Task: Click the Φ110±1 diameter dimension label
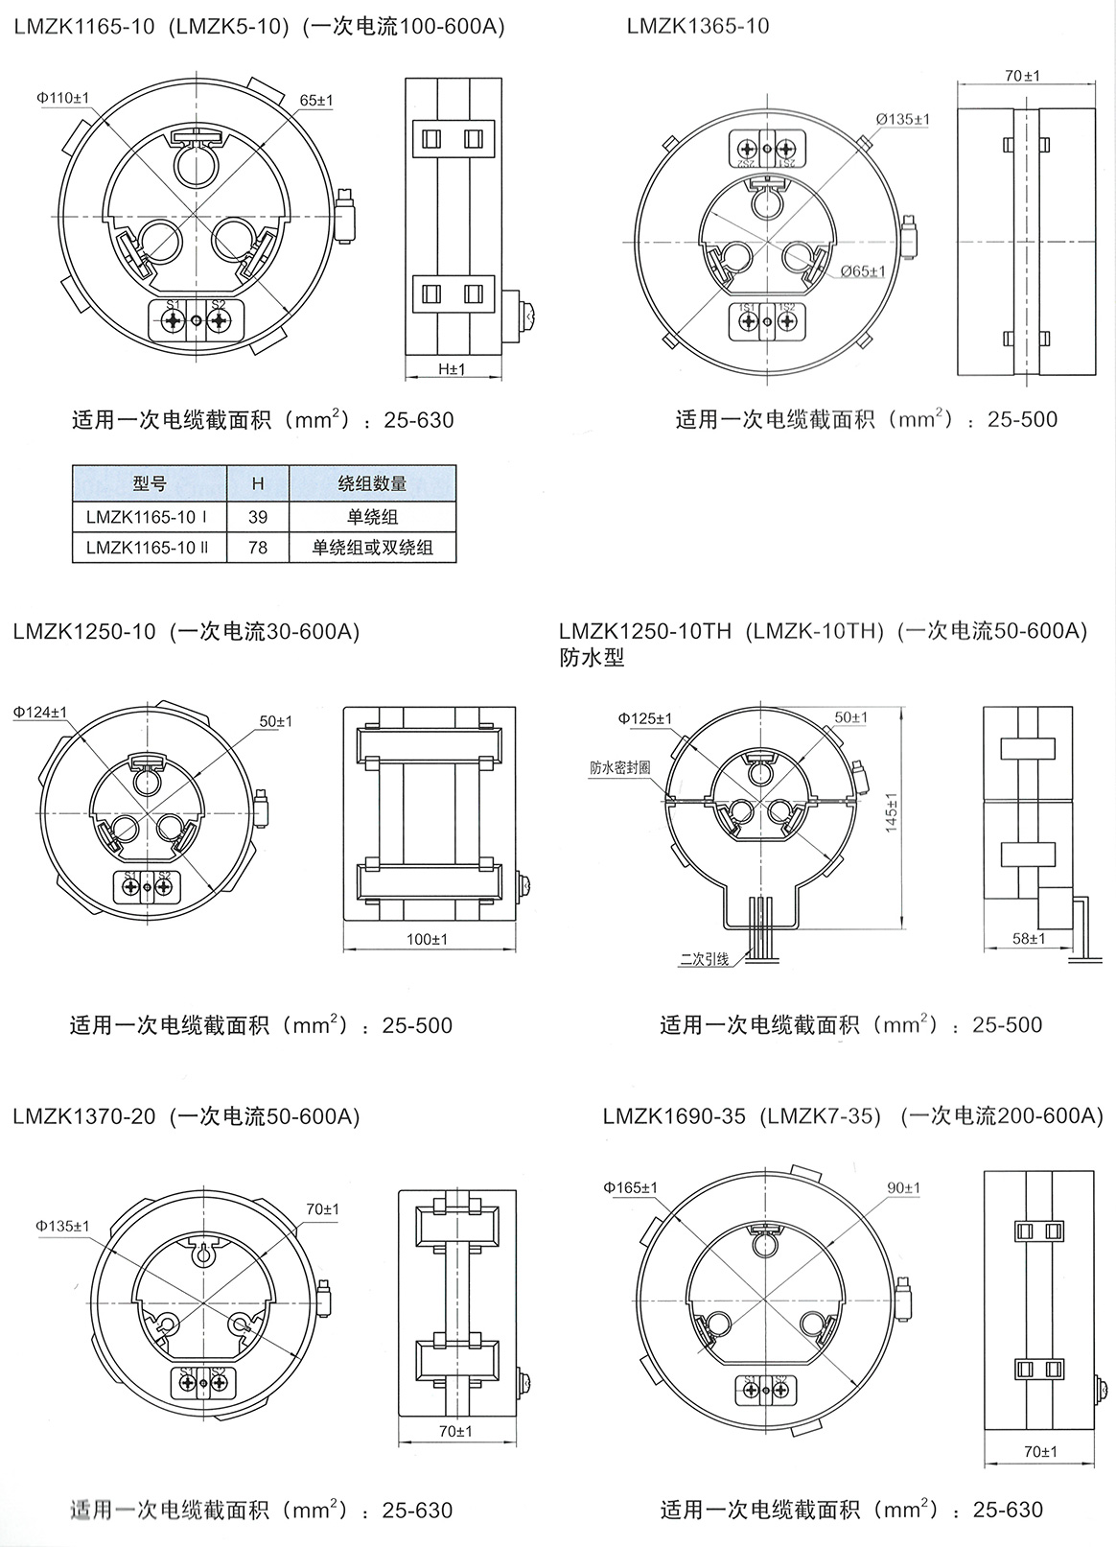point(64,98)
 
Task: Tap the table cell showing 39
point(258,517)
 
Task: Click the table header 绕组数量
point(372,484)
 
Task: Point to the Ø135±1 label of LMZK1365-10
point(902,120)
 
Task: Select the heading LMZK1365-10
point(698,26)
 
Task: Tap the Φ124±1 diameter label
point(40,713)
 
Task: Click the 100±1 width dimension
point(428,939)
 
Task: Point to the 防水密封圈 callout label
point(620,767)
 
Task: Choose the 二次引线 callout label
point(704,959)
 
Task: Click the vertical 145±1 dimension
point(892,811)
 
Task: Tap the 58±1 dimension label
point(1030,938)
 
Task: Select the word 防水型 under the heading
point(592,659)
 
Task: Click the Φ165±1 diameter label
point(631,1188)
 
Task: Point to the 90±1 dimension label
point(903,1188)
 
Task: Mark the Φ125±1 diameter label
point(645,718)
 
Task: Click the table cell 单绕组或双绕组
point(372,548)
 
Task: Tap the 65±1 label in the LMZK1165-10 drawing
point(316,100)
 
